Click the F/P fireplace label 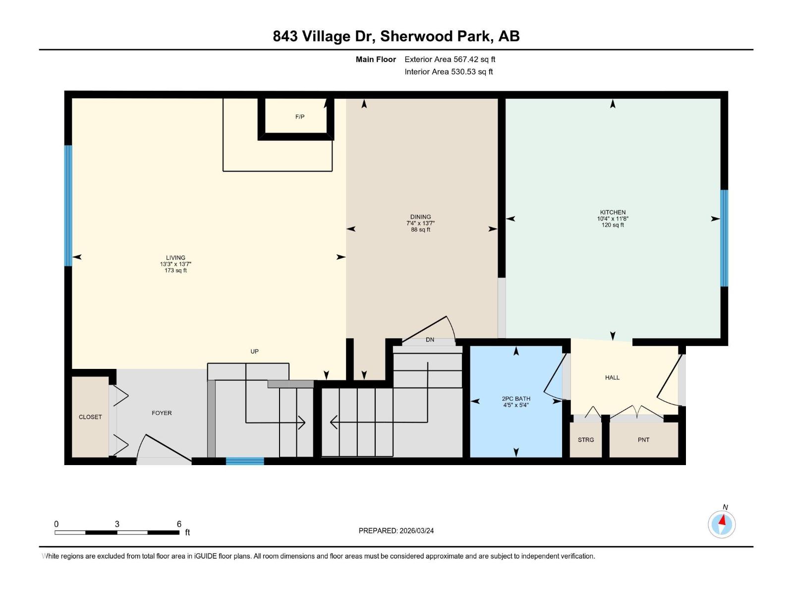click(x=299, y=117)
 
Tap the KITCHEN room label click(x=613, y=212)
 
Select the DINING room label click(x=420, y=217)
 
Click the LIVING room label click(x=175, y=258)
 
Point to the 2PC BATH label click(x=516, y=399)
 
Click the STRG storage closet click(x=585, y=440)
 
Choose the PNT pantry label click(x=643, y=440)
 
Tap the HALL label click(x=612, y=378)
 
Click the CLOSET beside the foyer click(x=90, y=417)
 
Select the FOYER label click(x=162, y=413)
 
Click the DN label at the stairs click(x=430, y=340)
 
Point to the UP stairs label click(x=254, y=352)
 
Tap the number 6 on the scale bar click(x=179, y=524)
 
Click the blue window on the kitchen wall click(x=724, y=238)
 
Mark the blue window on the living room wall click(x=68, y=205)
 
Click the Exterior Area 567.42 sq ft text click(x=450, y=59)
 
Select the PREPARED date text click(x=396, y=531)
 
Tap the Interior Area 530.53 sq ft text click(x=449, y=72)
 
